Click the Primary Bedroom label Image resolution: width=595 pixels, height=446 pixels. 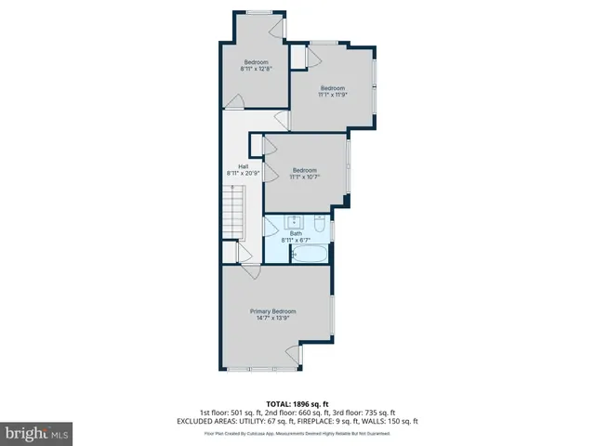(x=272, y=310)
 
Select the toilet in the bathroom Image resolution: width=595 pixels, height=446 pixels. (x=318, y=224)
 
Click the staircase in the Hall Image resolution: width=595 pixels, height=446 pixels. (x=234, y=210)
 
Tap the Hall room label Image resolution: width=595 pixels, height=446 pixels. (x=243, y=166)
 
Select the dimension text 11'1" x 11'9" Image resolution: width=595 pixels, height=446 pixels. (x=333, y=94)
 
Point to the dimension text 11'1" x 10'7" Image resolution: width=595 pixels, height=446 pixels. (x=305, y=177)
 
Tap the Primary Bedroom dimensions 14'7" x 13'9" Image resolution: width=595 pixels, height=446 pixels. (x=272, y=318)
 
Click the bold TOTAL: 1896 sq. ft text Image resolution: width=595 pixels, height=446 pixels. (x=297, y=404)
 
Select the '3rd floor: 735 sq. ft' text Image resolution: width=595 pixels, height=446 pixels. (x=364, y=413)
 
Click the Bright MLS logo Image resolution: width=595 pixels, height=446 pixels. (x=37, y=433)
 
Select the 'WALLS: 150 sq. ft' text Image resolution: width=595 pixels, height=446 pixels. (x=394, y=421)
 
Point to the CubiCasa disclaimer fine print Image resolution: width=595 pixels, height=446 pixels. (x=297, y=432)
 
